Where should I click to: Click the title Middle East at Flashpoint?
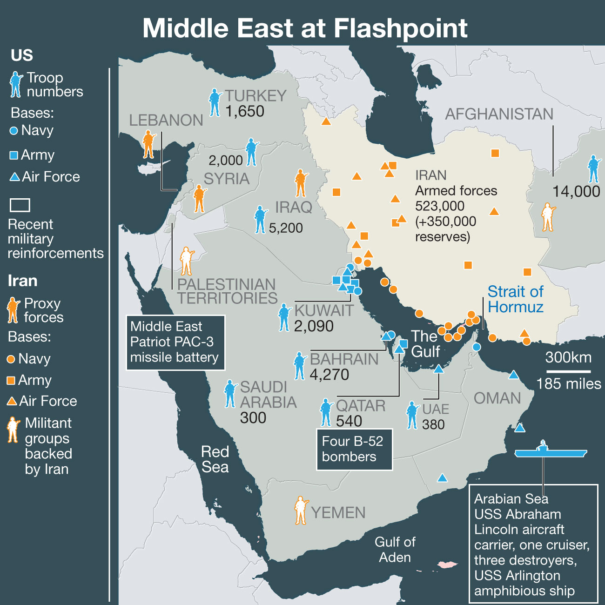click(305, 28)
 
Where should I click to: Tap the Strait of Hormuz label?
click(515, 299)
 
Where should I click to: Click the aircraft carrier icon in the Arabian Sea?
click(551, 451)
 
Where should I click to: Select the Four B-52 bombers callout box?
click(354, 449)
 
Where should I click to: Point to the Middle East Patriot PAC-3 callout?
click(175, 342)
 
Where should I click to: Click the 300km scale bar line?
click(568, 371)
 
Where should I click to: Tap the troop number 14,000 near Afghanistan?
click(576, 191)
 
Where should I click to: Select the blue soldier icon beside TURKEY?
click(215, 102)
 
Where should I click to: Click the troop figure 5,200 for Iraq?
click(286, 228)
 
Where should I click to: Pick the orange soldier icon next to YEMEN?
click(301, 511)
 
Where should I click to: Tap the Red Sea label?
click(215, 459)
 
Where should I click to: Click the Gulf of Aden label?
click(395, 550)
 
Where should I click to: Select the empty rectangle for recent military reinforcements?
click(20, 205)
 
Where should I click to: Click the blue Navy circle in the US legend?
click(14, 131)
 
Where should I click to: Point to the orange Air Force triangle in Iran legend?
click(12, 401)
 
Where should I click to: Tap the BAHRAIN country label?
click(344, 359)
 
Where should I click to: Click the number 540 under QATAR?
click(349, 421)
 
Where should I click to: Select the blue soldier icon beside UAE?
click(412, 415)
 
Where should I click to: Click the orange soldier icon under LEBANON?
click(148, 144)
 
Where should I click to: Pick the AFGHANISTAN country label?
click(499, 114)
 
